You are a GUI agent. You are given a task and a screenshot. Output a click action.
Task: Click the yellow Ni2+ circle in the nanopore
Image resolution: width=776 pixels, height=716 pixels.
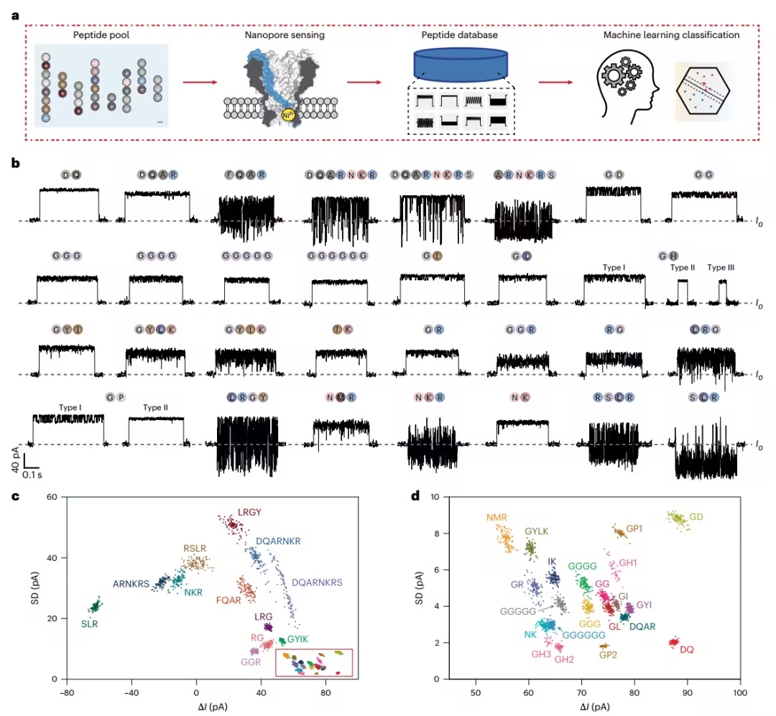(287, 115)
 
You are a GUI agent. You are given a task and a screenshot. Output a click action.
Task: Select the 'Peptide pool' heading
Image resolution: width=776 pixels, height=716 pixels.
(101, 34)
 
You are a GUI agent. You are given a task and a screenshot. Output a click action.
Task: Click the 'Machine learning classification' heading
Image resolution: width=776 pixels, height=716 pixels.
(671, 34)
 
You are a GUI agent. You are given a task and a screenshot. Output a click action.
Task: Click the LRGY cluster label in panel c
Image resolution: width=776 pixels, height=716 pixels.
(249, 512)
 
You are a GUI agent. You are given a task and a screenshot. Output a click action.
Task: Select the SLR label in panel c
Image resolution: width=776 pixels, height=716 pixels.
(90, 624)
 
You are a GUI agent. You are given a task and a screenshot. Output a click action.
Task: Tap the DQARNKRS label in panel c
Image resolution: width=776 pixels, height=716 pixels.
(317, 582)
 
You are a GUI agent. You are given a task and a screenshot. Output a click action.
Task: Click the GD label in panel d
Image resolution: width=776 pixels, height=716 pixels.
(696, 516)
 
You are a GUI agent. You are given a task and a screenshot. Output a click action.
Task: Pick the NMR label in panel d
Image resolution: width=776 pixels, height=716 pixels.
(496, 517)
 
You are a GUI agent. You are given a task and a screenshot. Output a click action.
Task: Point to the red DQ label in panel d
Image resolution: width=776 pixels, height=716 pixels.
(686, 649)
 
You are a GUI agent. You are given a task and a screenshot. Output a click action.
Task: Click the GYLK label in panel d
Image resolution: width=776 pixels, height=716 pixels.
(537, 531)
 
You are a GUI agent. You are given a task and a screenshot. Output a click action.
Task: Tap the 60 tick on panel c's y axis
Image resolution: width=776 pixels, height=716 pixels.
(52, 496)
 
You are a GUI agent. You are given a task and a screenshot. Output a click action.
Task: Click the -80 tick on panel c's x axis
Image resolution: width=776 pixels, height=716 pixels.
(67, 693)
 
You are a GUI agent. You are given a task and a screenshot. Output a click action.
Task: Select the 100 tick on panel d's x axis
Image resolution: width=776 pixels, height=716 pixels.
(740, 693)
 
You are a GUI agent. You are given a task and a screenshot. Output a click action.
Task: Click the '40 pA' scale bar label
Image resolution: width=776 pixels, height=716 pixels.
(15, 459)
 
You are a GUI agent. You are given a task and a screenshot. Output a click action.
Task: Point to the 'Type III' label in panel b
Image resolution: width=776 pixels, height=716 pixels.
(721, 267)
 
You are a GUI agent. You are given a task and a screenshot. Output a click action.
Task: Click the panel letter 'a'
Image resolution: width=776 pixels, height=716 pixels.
(15, 16)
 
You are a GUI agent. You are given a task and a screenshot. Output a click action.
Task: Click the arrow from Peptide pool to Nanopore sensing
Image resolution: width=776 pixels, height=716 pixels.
(200, 82)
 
